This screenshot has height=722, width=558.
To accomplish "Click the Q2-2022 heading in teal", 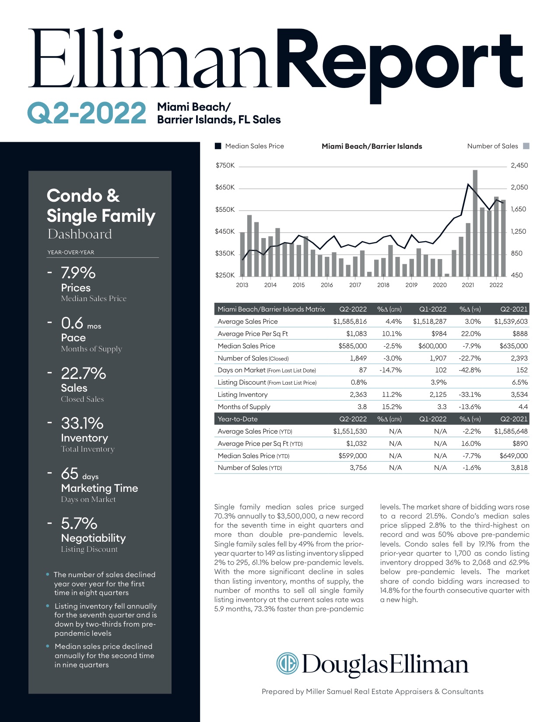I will tap(87, 113).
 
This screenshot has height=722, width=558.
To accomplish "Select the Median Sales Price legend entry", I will tap(254, 146).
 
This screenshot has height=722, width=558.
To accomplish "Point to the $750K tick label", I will tap(225, 165).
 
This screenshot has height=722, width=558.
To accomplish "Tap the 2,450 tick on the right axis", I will tap(519, 165).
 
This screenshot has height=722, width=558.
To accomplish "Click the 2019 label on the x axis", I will tap(411, 285).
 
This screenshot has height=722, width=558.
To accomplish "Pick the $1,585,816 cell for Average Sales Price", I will tap(350, 322).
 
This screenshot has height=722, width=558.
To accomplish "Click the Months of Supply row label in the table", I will tap(244, 407).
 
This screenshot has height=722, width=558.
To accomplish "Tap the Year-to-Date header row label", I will tap(238, 419).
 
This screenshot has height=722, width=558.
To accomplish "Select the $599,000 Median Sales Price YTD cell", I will tap(353, 456).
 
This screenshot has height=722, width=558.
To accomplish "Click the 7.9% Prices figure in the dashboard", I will tap(78, 273).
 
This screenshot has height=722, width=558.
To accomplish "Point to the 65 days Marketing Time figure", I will tap(80, 474).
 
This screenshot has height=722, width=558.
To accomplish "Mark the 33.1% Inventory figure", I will tap(82, 424).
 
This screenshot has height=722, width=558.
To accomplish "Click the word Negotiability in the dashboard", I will tap(93, 538).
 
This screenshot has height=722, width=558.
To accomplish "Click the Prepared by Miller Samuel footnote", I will tap(372, 692).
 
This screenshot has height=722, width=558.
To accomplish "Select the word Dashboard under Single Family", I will tap(80, 234).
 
